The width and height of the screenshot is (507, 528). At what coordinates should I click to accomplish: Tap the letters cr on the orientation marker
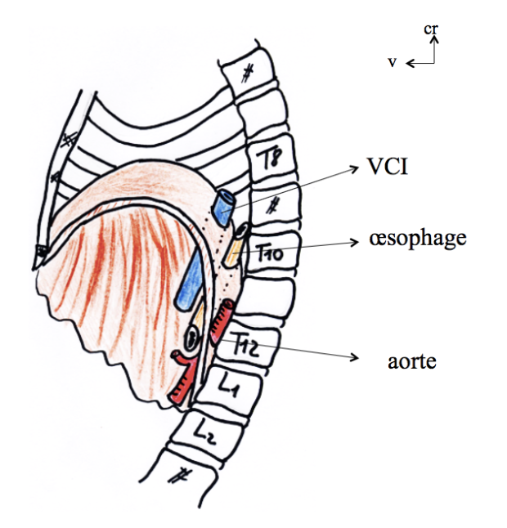(x=432, y=29)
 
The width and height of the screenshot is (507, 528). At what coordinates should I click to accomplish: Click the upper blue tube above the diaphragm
(x=224, y=208)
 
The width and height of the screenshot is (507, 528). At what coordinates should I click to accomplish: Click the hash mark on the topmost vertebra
(x=246, y=74)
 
